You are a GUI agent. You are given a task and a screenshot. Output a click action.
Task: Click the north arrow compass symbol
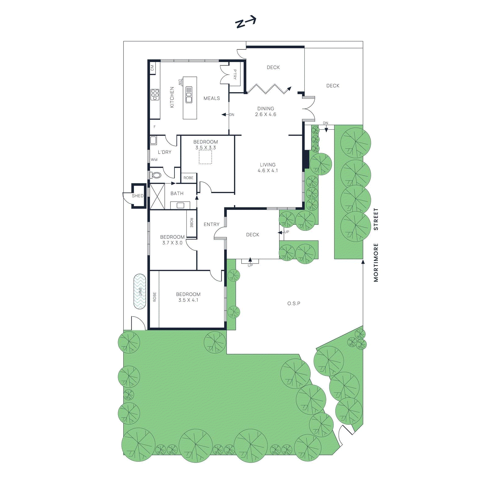(x=246, y=22)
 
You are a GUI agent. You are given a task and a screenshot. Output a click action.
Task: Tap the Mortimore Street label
(x=376, y=245)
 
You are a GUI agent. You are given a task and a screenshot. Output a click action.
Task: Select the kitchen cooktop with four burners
(x=155, y=95)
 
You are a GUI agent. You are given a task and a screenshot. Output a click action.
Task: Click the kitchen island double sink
(x=189, y=95)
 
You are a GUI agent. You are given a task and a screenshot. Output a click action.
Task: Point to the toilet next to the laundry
(x=156, y=175)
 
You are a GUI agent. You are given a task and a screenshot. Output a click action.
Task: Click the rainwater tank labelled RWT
(x=140, y=291)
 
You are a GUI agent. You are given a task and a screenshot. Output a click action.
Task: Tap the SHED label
(x=138, y=196)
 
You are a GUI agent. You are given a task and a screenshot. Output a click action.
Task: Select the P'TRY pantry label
(x=235, y=74)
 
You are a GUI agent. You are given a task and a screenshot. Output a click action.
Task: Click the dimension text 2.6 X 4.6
(x=266, y=114)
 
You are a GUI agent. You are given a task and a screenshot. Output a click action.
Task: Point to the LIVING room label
(x=268, y=165)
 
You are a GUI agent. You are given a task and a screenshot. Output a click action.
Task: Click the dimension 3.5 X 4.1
(x=188, y=300)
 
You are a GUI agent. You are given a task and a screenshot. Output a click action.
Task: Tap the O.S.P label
(x=294, y=303)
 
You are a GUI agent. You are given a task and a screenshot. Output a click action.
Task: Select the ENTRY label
(x=211, y=224)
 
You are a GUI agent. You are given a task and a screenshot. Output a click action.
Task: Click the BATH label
(x=177, y=193)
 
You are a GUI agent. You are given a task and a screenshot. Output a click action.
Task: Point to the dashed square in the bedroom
(x=205, y=157)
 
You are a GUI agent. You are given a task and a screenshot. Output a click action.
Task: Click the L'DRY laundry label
(x=164, y=152)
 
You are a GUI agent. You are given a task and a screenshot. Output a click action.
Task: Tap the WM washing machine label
(x=154, y=160)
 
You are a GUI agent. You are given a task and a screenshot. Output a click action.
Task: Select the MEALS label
(x=212, y=98)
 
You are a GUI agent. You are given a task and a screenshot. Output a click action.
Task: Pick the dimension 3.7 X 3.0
(x=172, y=243)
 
